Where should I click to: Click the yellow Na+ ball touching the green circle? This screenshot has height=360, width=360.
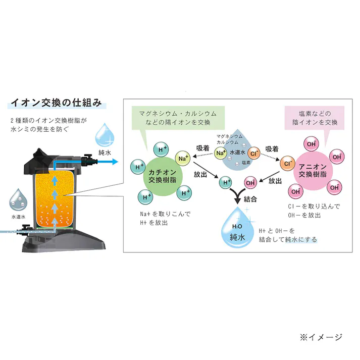(183, 159)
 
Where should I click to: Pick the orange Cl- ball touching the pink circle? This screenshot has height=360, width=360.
(287, 163)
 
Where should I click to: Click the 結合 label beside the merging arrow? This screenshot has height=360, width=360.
(250, 199)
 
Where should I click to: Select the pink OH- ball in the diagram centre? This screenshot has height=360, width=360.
(250, 183)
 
